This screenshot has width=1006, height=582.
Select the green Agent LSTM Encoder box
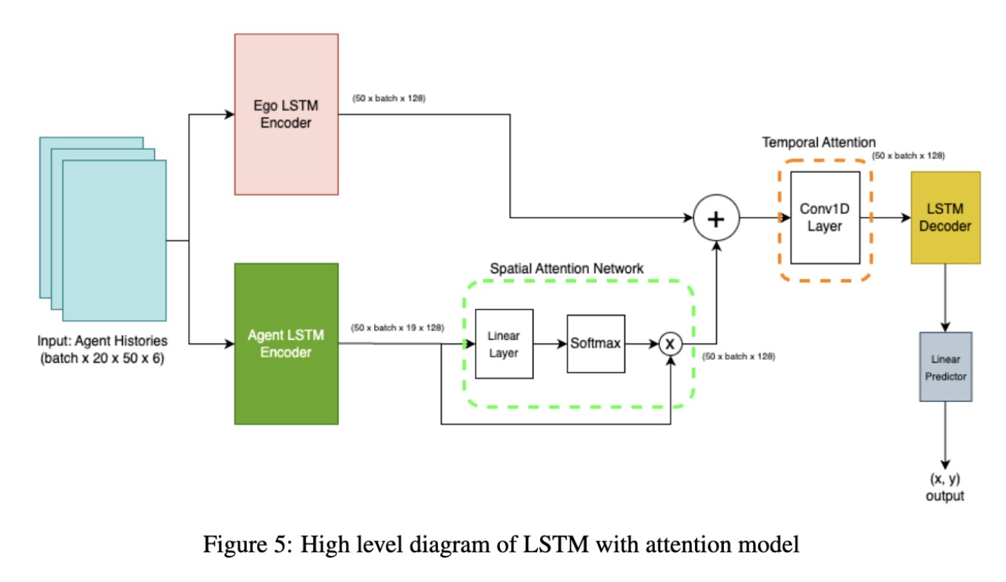pyautogui.click(x=286, y=343)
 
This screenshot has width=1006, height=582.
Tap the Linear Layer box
pyautogui.click(x=504, y=344)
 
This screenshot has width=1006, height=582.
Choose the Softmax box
pyautogui.click(x=596, y=344)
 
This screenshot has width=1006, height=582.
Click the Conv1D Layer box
pyautogui.click(x=825, y=217)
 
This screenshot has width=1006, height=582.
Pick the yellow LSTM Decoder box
pyautogui.click(x=945, y=217)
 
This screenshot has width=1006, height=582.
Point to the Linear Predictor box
pyautogui.click(x=945, y=367)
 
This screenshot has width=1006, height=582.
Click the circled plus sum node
pyautogui.click(x=716, y=218)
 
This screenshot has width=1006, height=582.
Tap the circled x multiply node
pyautogui.click(x=670, y=344)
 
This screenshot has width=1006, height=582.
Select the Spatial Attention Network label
pyautogui.click(x=567, y=269)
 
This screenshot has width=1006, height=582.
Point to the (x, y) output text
pyautogui.click(x=945, y=487)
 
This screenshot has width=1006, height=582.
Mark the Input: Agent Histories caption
pyautogui.click(x=103, y=350)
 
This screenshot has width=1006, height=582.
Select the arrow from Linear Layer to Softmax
pyautogui.click(x=550, y=344)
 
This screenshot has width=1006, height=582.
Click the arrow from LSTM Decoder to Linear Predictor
pyautogui.click(x=945, y=297)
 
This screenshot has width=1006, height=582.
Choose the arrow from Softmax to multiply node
pyautogui.click(x=642, y=344)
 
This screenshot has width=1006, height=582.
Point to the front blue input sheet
pyautogui.click(x=114, y=241)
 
